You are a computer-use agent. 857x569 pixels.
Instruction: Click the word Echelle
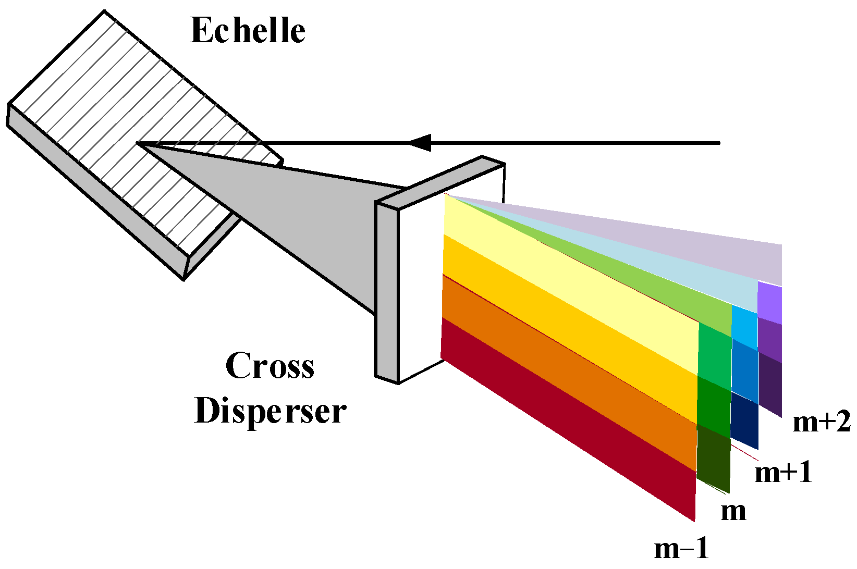click(x=248, y=30)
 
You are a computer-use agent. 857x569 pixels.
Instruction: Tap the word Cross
click(x=270, y=366)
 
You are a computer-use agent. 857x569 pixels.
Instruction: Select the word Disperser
click(x=270, y=411)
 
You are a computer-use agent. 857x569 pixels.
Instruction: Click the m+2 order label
click(x=821, y=422)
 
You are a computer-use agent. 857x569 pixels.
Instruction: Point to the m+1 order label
click(x=783, y=473)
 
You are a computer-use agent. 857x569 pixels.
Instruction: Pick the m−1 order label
click(x=681, y=548)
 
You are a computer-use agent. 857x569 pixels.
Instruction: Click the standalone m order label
click(x=733, y=511)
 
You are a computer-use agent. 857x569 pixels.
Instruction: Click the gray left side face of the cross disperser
click(x=386, y=292)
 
